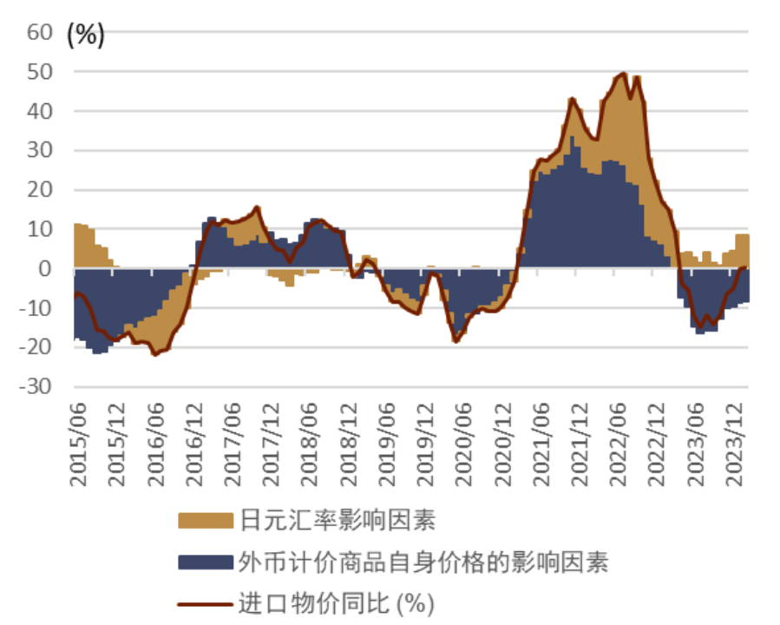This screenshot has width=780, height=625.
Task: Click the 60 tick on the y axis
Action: tap(41, 33)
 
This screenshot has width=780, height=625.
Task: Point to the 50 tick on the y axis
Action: tap(41, 72)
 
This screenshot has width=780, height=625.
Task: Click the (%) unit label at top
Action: tap(85, 35)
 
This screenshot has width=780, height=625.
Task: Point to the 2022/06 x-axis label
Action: tap(621, 437)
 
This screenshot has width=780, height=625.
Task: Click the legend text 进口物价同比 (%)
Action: tap(335, 603)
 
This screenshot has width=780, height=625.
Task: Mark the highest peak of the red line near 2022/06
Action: tap(623, 74)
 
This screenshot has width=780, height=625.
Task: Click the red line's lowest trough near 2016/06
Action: tap(154, 354)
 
